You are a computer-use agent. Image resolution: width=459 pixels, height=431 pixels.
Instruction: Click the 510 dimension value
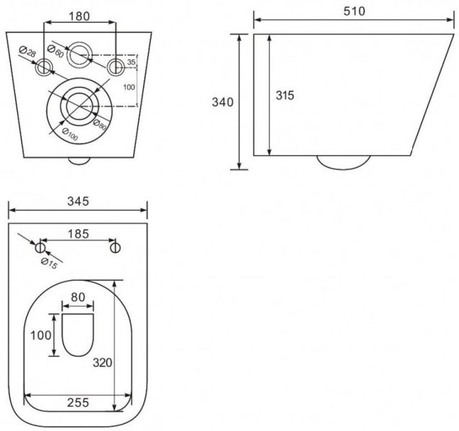pos(354,11)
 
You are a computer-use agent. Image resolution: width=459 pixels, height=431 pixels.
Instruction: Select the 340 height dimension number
pos(223,102)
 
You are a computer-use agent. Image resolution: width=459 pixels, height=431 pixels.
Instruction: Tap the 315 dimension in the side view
pos(285,96)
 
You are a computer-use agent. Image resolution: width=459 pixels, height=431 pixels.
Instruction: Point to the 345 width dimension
pos(78,201)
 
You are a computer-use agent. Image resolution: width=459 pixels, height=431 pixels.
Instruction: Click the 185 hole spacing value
pos(78,234)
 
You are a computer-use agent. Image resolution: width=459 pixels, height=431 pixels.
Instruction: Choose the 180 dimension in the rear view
pos(79,17)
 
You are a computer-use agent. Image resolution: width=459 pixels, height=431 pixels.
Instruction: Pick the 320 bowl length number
pos(102,363)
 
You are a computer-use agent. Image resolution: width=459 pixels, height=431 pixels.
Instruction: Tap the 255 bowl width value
pos(78,403)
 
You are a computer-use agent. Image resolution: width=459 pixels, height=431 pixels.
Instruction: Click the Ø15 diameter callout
pos(49,264)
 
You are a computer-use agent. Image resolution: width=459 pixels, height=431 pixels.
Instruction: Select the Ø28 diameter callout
pos(27,52)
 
